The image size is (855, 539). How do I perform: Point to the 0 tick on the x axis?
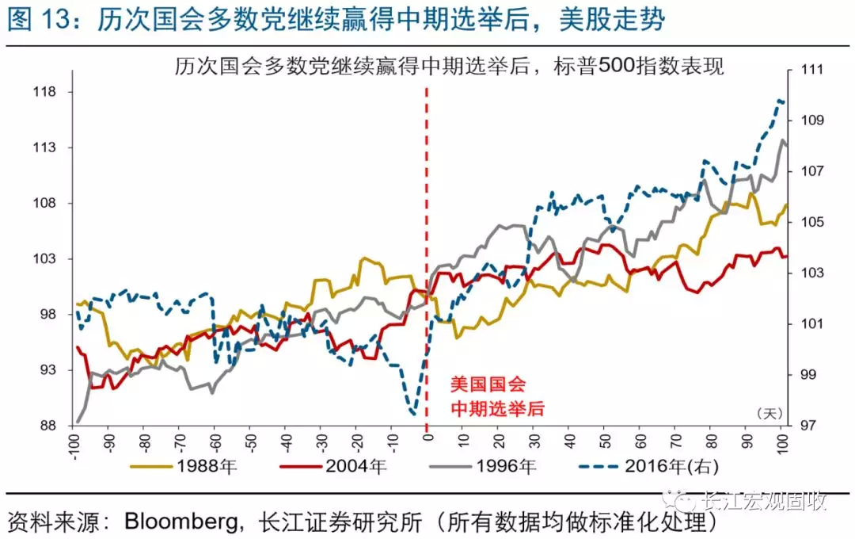point(427,438)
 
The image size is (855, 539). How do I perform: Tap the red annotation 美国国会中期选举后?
point(487,396)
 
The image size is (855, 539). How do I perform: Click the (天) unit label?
point(769,413)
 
